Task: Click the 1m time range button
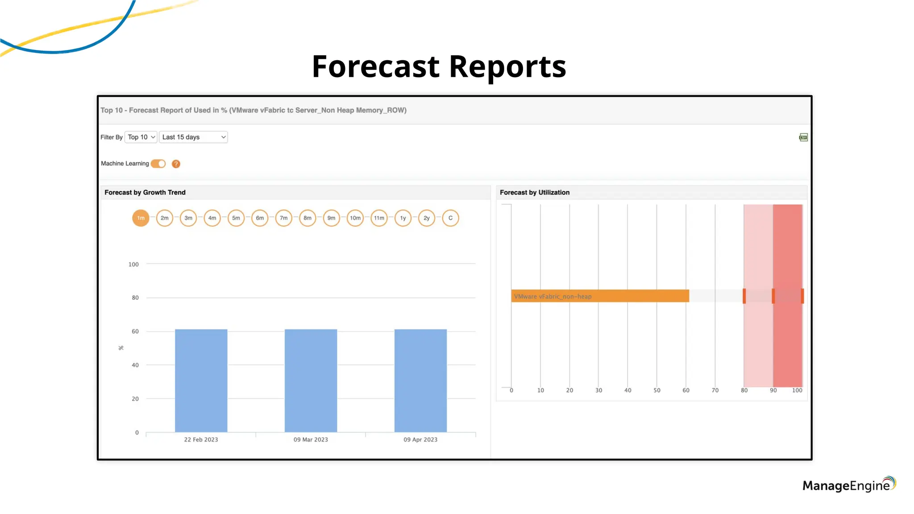141,218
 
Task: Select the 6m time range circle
260,218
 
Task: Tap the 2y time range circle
427,218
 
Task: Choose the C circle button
450,218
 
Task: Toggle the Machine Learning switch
158,164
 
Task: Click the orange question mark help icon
176,164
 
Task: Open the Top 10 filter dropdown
141,137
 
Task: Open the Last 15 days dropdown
193,137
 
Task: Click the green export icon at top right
803,137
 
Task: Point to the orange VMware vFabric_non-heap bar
600,296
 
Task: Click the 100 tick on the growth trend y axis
133,264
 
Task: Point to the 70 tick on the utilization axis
715,390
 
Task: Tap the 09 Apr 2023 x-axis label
420,439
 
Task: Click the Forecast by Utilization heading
534,192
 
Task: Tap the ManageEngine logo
848,485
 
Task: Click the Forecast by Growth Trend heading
145,192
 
